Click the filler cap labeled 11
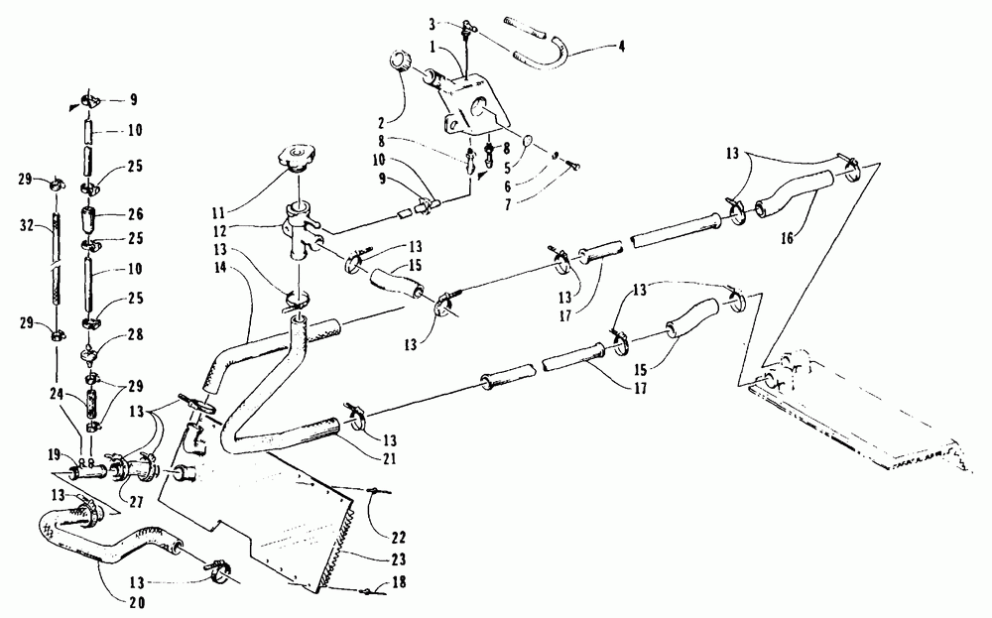click(x=297, y=156)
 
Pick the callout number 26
click(x=134, y=211)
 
